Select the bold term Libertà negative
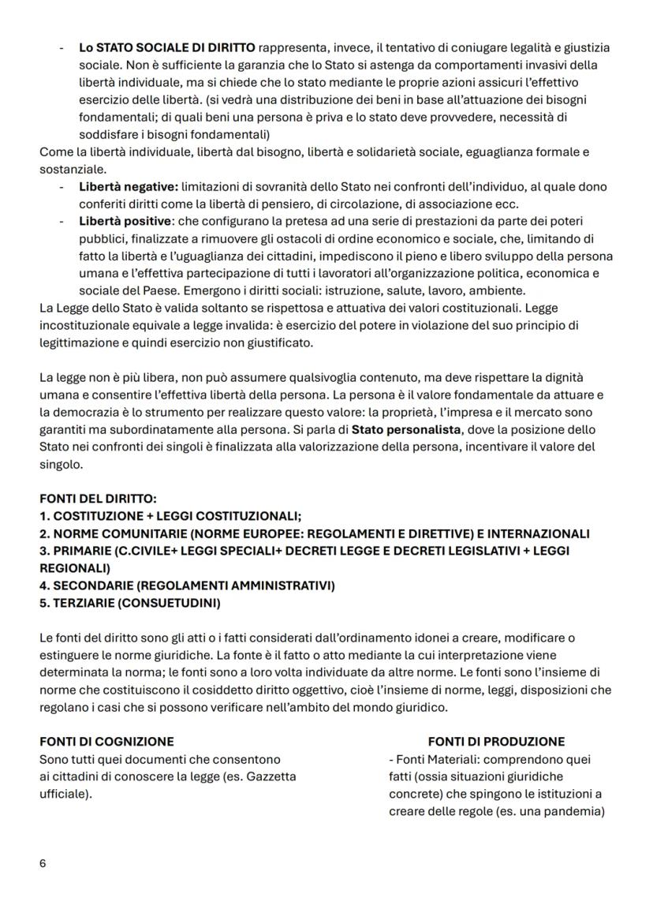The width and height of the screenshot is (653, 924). (129, 186)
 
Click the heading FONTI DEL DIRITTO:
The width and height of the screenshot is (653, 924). (98, 499)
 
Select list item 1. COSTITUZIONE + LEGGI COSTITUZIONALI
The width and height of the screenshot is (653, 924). (170, 516)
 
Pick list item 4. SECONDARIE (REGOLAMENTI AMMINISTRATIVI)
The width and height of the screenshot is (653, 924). (187, 585)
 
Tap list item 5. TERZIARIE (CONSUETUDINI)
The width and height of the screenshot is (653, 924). (130, 602)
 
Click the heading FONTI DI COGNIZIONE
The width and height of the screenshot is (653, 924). (106, 742)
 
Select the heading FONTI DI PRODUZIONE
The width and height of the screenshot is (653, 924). (496, 742)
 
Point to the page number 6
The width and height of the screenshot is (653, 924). (43, 863)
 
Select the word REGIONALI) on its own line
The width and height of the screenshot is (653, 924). (74, 567)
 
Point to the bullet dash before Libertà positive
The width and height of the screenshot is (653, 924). (62, 220)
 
